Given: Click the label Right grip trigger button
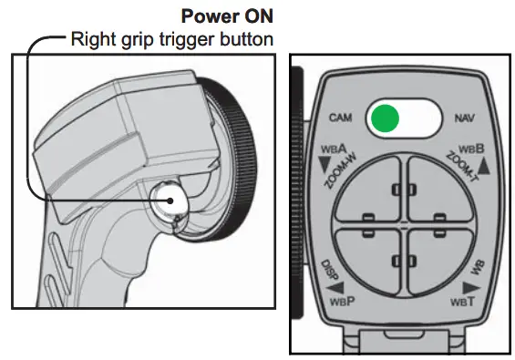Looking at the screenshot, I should (x=170, y=39).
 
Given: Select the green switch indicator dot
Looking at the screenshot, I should (x=386, y=118).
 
